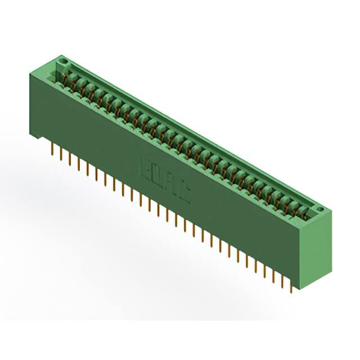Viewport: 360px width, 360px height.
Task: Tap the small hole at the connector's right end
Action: [x=321, y=211]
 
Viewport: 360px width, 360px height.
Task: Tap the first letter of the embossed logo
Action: [x=145, y=167]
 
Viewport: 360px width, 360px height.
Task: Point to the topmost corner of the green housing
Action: [x=60, y=55]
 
